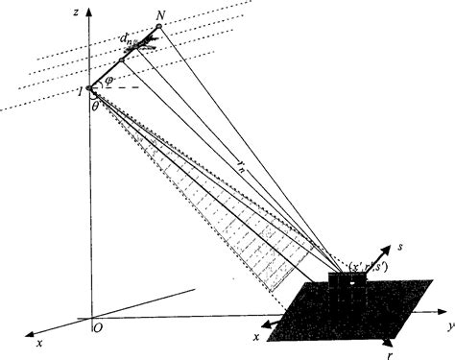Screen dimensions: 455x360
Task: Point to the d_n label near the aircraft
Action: pyautogui.click(x=128, y=37)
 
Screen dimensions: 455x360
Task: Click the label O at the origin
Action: pyautogui.click(x=98, y=327)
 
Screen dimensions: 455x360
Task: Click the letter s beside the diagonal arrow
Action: pyautogui.click(x=397, y=248)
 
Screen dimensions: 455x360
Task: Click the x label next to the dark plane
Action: pyautogui.click(x=255, y=337)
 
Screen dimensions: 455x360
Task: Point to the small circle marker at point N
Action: pyautogui.click(x=157, y=27)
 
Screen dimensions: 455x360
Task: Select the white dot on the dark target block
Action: pyautogui.click(x=352, y=281)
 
